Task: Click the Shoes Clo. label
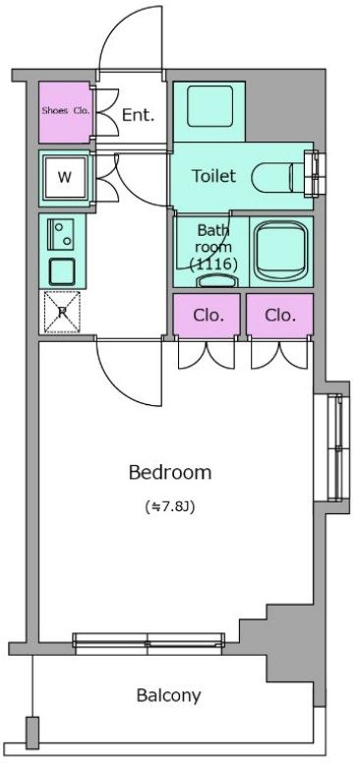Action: [x=66, y=110]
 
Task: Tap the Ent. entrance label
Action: [x=138, y=115]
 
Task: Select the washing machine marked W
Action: [x=65, y=177]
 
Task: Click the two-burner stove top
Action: [x=61, y=234]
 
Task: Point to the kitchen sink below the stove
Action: [x=62, y=271]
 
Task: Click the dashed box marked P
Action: [x=62, y=312]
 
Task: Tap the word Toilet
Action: [x=213, y=176]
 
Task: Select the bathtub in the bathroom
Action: [x=281, y=252]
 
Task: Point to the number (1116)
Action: [x=213, y=264]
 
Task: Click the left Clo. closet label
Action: [x=209, y=316]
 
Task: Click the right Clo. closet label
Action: [x=280, y=316]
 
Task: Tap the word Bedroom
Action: [x=170, y=473]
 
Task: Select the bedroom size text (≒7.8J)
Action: [x=170, y=506]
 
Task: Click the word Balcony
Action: [x=168, y=696]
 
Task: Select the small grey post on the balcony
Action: [x=32, y=733]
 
